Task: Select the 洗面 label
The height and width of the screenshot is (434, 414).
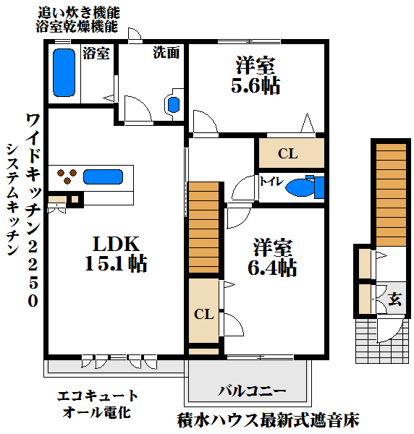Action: click(x=166, y=53)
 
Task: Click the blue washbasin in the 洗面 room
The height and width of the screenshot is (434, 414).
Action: click(x=173, y=104)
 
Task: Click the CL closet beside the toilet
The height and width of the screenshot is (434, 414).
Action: click(x=288, y=153)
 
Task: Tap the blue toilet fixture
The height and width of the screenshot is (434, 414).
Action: click(x=304, y=187)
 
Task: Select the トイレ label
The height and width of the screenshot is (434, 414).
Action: click(x=271, y=181)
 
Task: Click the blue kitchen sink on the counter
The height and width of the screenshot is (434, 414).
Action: click(x=103, y=176)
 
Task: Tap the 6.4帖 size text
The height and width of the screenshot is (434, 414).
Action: click(x=272, y=268)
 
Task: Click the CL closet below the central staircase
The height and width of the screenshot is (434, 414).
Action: click(x=203, y=314)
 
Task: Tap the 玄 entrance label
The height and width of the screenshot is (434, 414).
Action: click(x=395, y=298)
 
